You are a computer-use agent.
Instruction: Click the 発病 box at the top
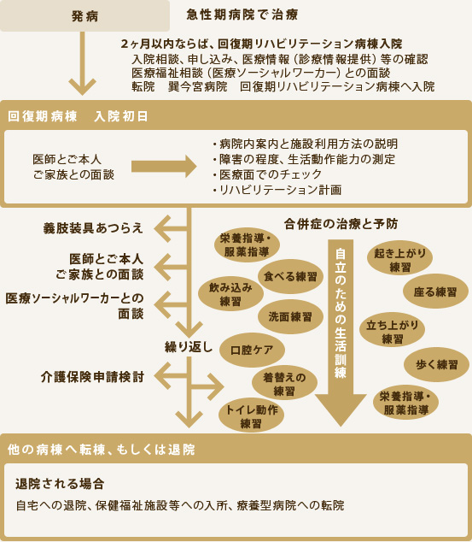(x=84, y=15)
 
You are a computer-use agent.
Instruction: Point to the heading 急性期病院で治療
(x=242, y=15)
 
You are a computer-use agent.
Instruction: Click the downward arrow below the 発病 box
(x=83, y=63)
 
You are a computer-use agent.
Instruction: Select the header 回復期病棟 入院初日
(x=78, y=116)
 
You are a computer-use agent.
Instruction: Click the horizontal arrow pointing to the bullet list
(x=164, y=166)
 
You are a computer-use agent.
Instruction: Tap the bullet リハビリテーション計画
(x=277, y=190)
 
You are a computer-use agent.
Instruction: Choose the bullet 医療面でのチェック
(x=267, y=174)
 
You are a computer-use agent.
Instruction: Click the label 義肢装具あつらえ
(x=93, y=228)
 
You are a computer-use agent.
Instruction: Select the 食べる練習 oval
(x=290, y=276)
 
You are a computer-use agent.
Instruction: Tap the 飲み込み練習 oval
(x=230, y=294)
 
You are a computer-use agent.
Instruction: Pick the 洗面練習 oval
(x=290, y=316)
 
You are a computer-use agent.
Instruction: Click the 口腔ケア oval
(x=252, y=350)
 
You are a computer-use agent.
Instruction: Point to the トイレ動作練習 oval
(x=252, y=415)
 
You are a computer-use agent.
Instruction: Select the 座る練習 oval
(x=435, y=292)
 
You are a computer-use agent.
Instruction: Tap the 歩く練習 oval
(x=436, y=364)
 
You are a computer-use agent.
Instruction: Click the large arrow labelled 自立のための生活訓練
(x=341, y=333)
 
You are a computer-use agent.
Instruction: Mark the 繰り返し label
(x=189, y=347)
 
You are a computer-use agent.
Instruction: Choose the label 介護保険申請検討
(x=92, y=377)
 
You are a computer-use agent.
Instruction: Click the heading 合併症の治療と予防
(x=341, y=224)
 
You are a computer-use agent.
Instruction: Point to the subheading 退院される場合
(x=60, y=484)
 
